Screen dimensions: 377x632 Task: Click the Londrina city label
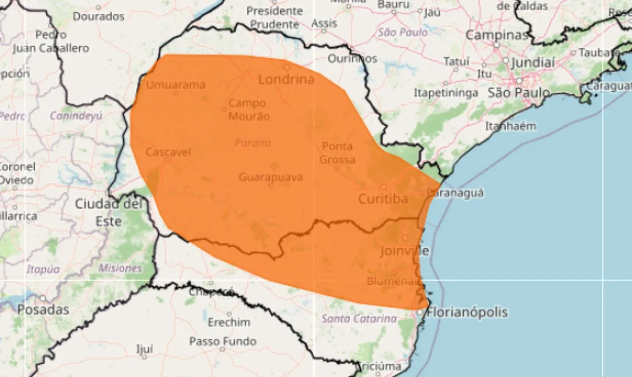286,79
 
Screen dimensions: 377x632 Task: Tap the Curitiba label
383,199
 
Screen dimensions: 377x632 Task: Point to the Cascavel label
168,152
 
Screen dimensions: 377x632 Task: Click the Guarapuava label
271,177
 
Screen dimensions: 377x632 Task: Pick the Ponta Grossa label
337,153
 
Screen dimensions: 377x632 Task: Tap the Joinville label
404,251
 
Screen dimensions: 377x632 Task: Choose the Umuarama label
175,84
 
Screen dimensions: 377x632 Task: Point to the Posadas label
43,310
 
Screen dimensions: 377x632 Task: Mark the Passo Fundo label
223,341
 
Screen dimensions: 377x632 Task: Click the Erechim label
229,322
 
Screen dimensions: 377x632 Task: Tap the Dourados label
99,16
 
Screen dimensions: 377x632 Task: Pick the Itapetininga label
446,93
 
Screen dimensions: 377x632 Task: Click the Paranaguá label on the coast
455,193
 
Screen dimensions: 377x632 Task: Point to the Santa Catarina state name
359,319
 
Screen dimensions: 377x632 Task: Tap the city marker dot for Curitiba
384,187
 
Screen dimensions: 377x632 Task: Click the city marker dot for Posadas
43,299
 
